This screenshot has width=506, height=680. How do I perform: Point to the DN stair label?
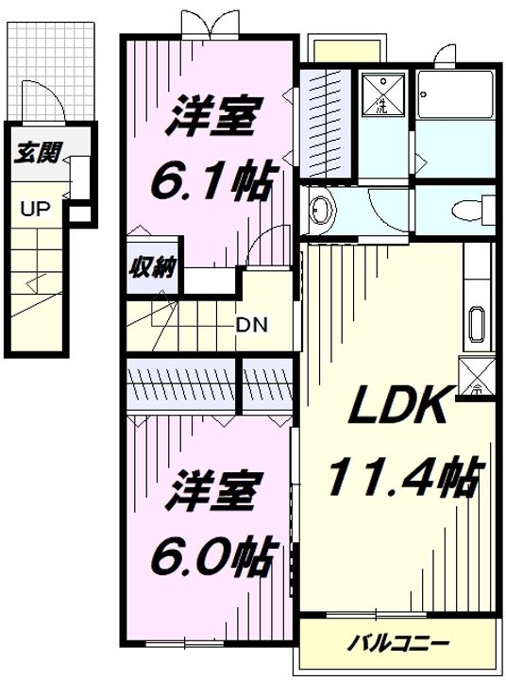(251, 325)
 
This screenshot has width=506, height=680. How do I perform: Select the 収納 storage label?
(151, 267)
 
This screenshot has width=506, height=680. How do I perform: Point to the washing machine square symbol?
(382, 93)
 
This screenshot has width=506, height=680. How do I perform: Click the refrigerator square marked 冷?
(475, 376)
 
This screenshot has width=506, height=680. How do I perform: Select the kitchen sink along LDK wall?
(476, 326)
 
